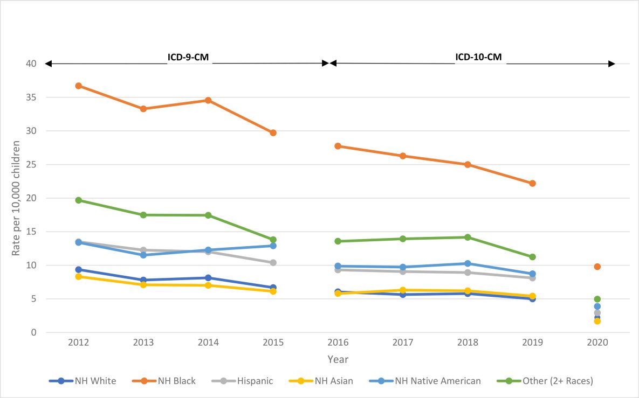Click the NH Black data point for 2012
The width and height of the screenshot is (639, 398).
pyautogui.click(x=78, y=86)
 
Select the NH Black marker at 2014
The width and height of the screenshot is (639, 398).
pyautogui.click(x=208, y=100)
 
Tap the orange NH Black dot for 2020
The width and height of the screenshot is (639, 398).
pyautogui.click(x=597, y=267)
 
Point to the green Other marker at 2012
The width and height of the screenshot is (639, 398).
pyautogui.click(x=78, y=200)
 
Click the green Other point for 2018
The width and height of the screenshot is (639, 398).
pyautogui.click(x=468, y=237)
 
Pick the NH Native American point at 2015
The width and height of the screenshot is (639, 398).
pyautogui.click(x=273, y=246)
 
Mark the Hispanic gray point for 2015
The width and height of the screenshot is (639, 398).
pyautogui.click(x=273, y=263)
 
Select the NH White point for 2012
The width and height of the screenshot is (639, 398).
pyautogui.click(x=78, y=269)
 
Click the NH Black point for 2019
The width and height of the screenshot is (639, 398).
pyautogui.click(x=532, y=183)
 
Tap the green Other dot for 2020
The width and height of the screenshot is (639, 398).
pyautogui.click(x=597, y=299)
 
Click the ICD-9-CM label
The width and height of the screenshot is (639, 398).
pyautogui.click(x=189, y=56)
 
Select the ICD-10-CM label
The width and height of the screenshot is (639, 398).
pyautogui.click(x=480, y=56)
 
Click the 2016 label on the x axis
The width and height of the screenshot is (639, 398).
pyautogui.click(x=338, y=343)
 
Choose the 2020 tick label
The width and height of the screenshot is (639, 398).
pyautogui.click(x=597, y=343)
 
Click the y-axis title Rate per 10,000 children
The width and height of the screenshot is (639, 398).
pyautogui.click(x=17, y=198)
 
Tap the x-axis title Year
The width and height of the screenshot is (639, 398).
pyautogui.click(x=338, y=359)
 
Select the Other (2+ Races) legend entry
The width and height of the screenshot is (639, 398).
pyautogui.click(x=557, y=381)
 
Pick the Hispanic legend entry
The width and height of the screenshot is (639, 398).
pyautogui.click(x=255, y=381)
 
